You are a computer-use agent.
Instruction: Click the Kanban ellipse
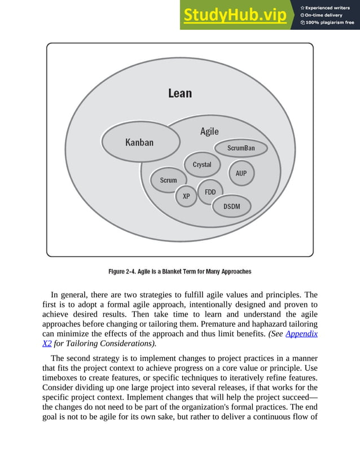(139, 142)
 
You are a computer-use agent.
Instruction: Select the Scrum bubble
(168, 181)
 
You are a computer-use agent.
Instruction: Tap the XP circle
(186, 196)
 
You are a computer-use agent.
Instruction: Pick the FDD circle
(210, 192)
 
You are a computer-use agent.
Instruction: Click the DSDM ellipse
(231, 206)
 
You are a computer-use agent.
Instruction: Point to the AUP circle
(241, 173)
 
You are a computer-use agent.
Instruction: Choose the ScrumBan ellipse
(241, 148)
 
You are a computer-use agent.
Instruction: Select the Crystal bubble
(201, 165)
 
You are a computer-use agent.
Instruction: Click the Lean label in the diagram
(180, 93)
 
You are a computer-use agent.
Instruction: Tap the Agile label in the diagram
(209, 131)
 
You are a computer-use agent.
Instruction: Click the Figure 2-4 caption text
(179, 271)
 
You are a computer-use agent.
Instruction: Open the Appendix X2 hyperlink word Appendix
(301, 333)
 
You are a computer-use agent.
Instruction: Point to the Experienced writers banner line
(328, 7)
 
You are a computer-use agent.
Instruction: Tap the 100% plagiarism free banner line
(328, 23)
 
